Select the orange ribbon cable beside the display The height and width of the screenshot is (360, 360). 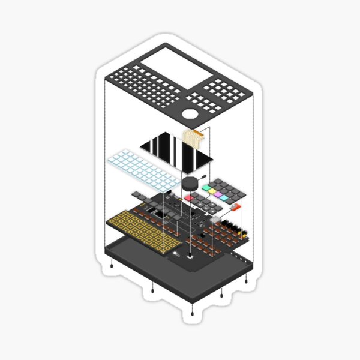point(194,139)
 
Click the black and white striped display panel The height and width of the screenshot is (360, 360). point(176,150)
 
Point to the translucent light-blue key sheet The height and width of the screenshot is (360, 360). point(141,170)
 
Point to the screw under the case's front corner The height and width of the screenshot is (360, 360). point(191,313)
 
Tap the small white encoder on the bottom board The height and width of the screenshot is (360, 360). point(191,256)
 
